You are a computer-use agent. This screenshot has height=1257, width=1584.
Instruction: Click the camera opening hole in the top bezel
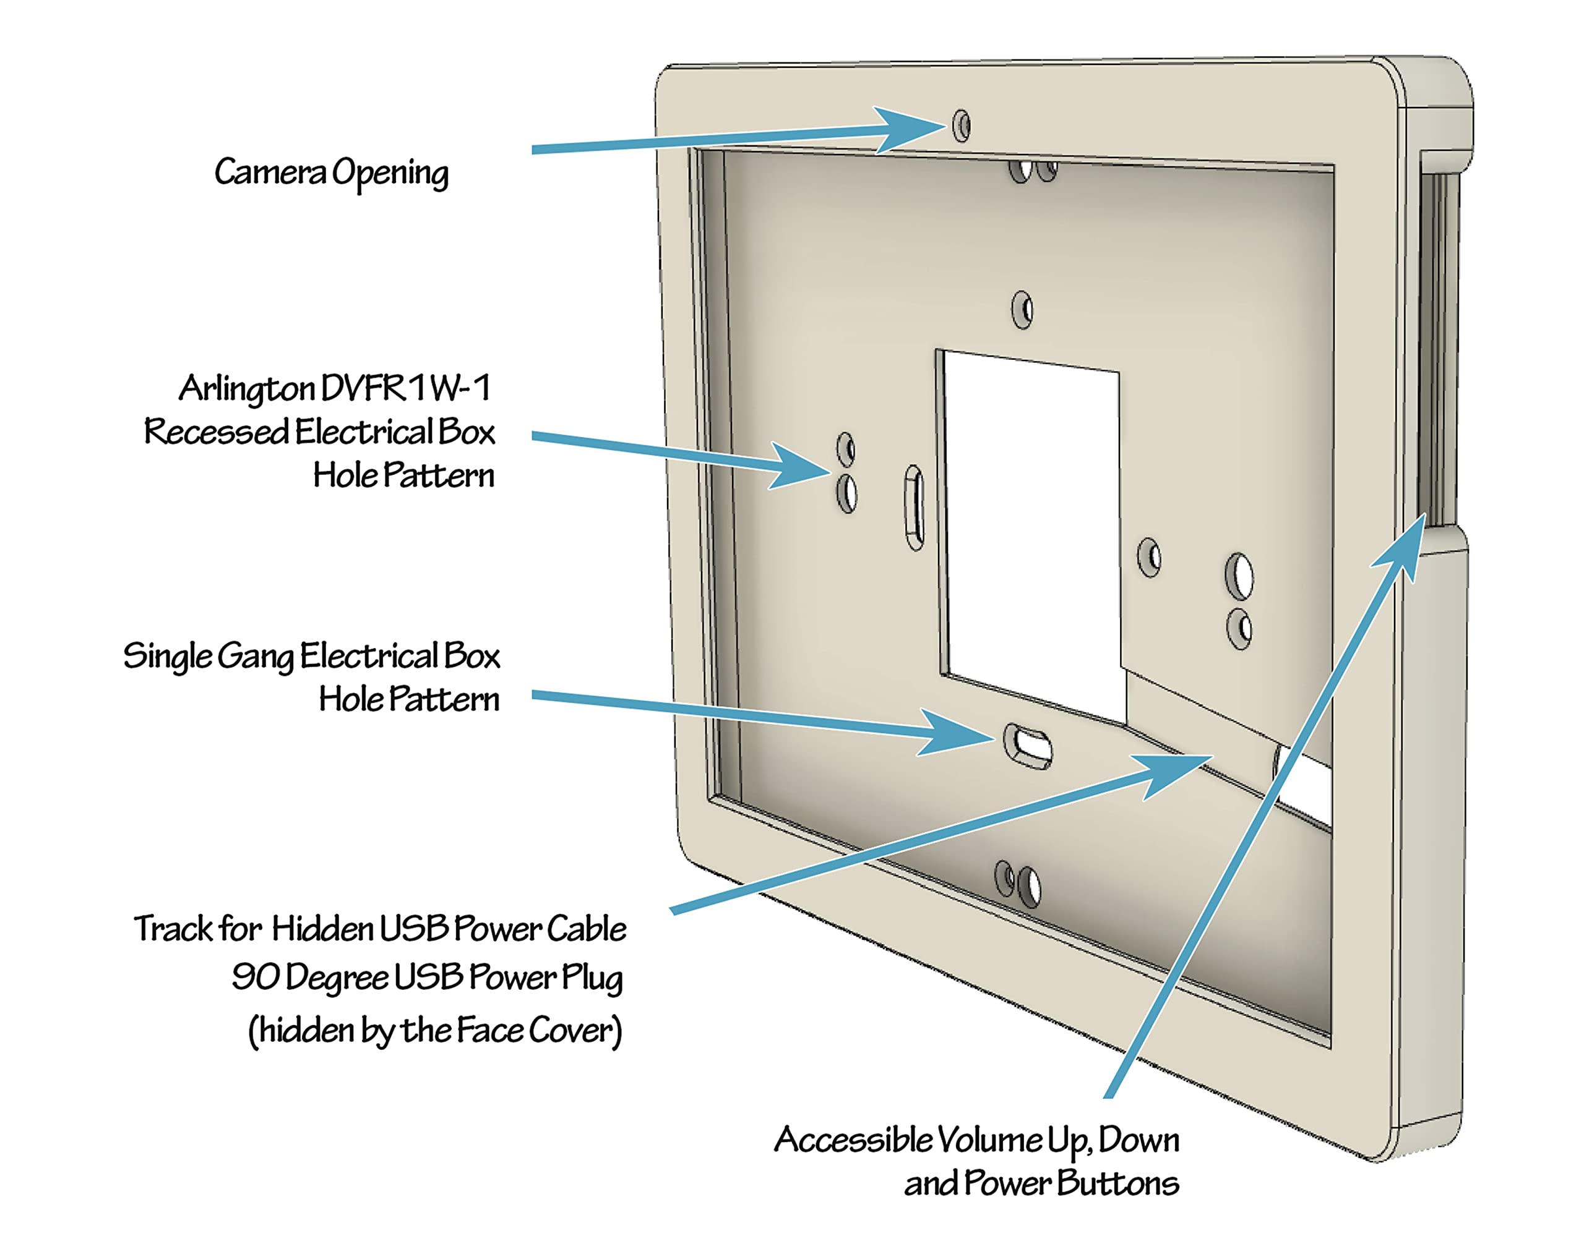[961, 126]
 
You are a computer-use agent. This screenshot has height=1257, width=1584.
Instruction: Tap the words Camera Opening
[332, 173]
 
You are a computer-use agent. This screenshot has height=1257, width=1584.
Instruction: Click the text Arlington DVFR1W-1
[335, 388]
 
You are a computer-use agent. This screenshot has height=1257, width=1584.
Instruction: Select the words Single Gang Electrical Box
[311, 655]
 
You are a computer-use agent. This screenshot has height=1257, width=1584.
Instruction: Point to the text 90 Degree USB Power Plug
[428, 978]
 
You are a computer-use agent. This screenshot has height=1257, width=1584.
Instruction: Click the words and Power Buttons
[1042, 1183]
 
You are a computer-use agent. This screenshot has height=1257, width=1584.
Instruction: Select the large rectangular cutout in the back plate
[1032, 536]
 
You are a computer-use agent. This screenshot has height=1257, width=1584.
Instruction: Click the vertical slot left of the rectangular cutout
[914, 506]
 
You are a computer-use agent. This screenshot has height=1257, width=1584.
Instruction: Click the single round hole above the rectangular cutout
[1022, 310]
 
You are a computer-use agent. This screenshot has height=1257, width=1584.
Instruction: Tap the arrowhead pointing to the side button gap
[1400, 547]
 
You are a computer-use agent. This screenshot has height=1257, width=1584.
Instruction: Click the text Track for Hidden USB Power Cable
[380, 929]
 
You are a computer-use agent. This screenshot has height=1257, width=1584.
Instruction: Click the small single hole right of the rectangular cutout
[1149, 557]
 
